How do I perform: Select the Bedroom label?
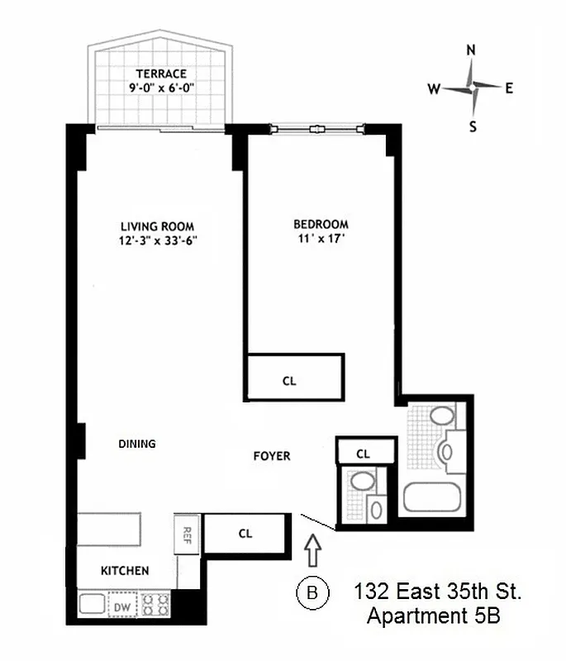[x=321, y=224]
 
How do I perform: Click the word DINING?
[x=137, y=444]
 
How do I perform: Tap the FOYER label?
[x=272, y=455]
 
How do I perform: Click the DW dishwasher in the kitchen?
[x=122, y=607]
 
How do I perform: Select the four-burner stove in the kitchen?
[x=156, y=604]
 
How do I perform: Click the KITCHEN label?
[x=125, y=571]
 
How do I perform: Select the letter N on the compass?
[x=471, y=50]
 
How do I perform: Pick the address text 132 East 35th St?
[x=438, y=592]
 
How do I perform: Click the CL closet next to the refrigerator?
[x=245, y=533]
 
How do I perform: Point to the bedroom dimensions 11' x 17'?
[x=321, y=240]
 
